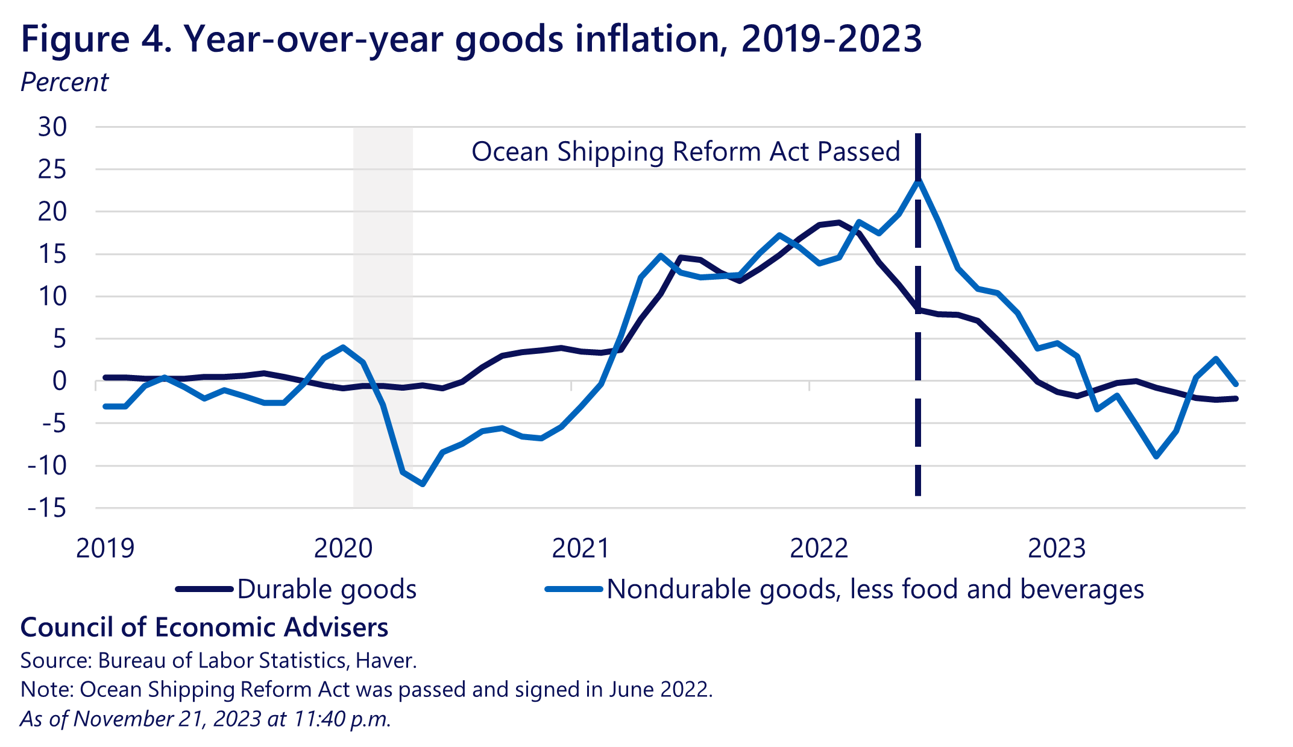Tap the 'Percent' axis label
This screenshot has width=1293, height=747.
click(x=64, y=83)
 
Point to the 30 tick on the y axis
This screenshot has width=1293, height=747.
click(x=52, y=127)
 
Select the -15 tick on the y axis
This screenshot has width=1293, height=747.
click(x=47, y=508)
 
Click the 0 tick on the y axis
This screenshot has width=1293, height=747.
click(x=59, y=381)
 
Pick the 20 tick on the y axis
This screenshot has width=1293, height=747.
click(x=52, y=212)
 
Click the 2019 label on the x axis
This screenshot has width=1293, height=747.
click(x=105, y=548)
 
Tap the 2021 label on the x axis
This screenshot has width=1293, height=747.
click(x=580, y=548)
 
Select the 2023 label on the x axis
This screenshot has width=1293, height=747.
click(x=1056, y=548)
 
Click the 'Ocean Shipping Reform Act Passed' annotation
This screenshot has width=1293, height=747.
click(x=685, y=151)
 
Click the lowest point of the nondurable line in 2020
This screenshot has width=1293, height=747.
click(x=423, y=484)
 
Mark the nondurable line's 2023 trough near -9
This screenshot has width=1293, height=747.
click(x=1156, y=456)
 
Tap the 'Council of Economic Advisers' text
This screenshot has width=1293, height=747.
click(x=204, y=628)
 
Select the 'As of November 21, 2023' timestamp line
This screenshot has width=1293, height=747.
click(x=206, y=719)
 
